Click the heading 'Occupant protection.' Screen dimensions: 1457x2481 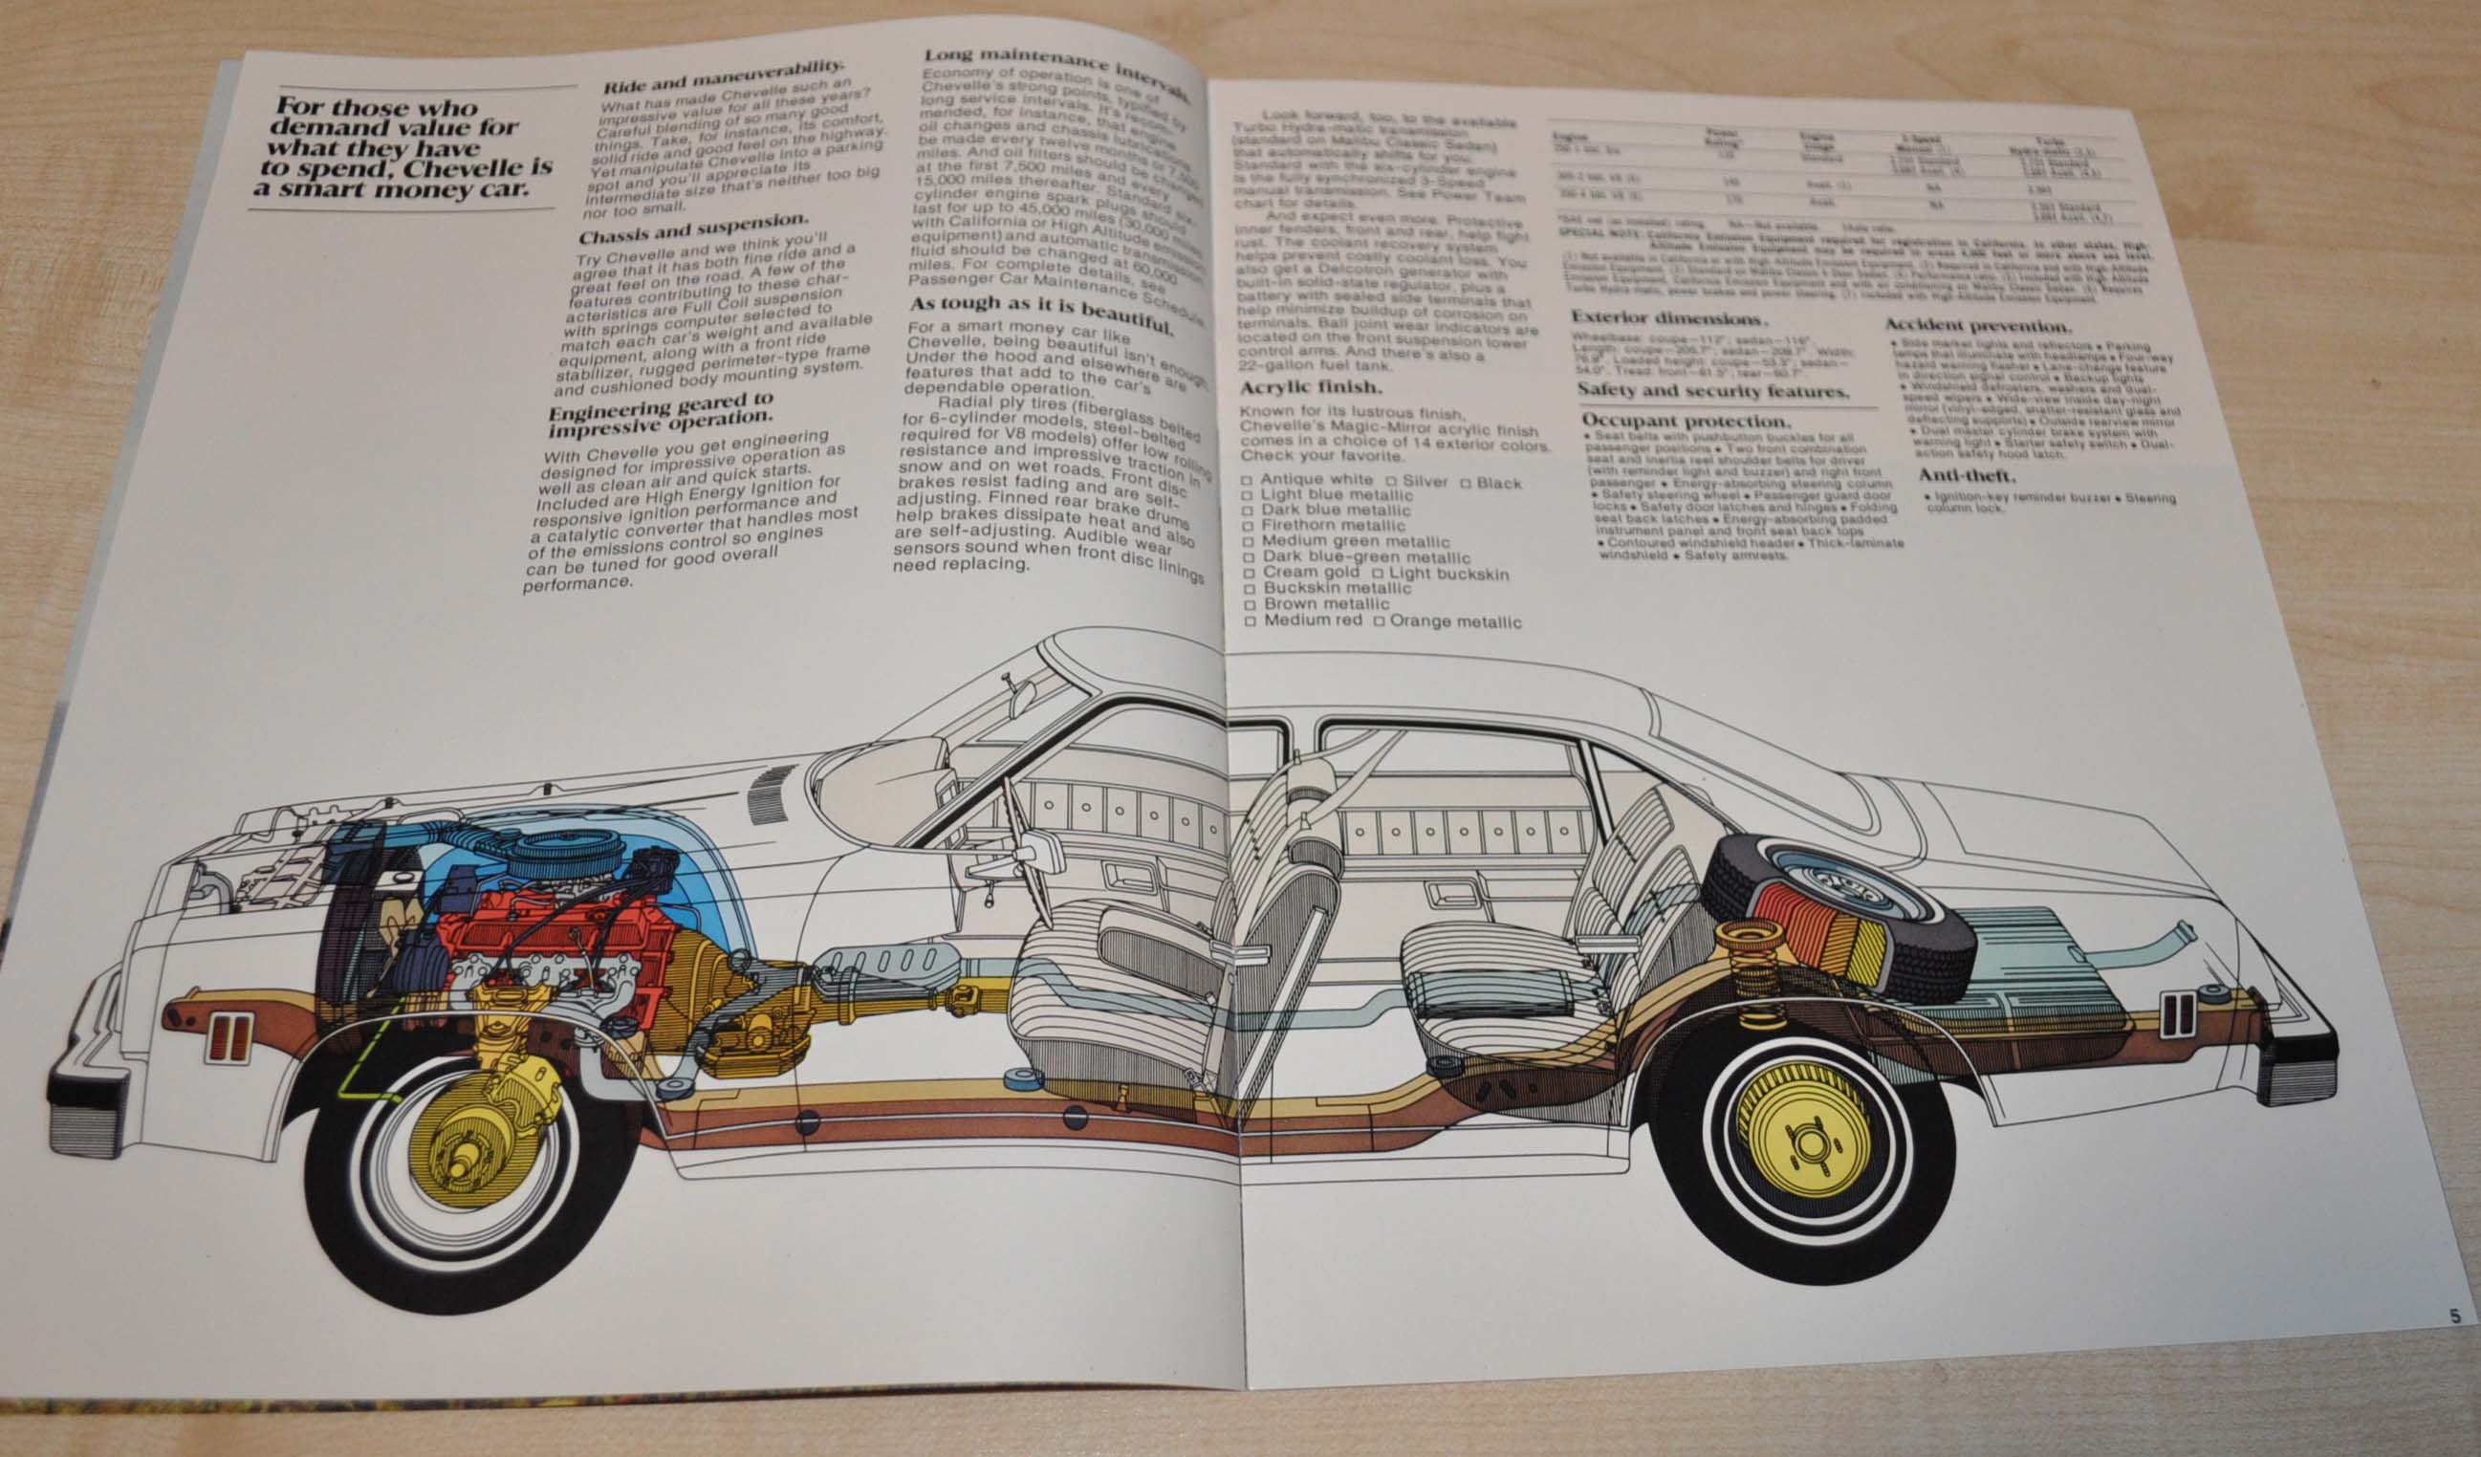click(1684, 421)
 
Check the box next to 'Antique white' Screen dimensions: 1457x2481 click(1247, 481)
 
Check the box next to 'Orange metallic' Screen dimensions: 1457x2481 click(1380, 622)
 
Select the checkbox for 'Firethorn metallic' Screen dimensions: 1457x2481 click(1248, 526)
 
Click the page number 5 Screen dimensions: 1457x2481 click(2455, 1316)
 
